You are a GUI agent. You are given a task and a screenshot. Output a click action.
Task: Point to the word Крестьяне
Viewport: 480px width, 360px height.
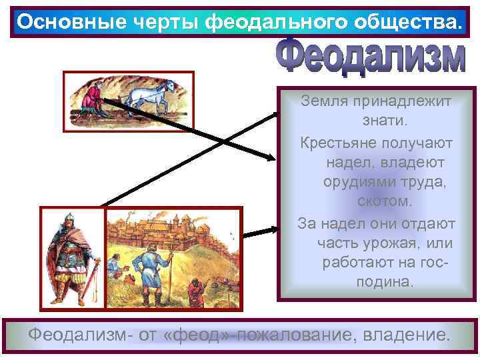point(337,143)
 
